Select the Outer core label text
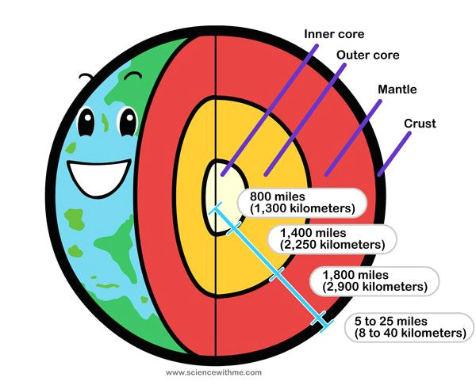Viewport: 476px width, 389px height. pos(367,55)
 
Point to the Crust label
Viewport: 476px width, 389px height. pos(420,124)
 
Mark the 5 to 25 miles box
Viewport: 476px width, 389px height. pos(405,326)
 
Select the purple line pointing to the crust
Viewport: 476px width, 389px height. pos(395,152)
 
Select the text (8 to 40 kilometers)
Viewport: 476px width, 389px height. pos(405,334)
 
